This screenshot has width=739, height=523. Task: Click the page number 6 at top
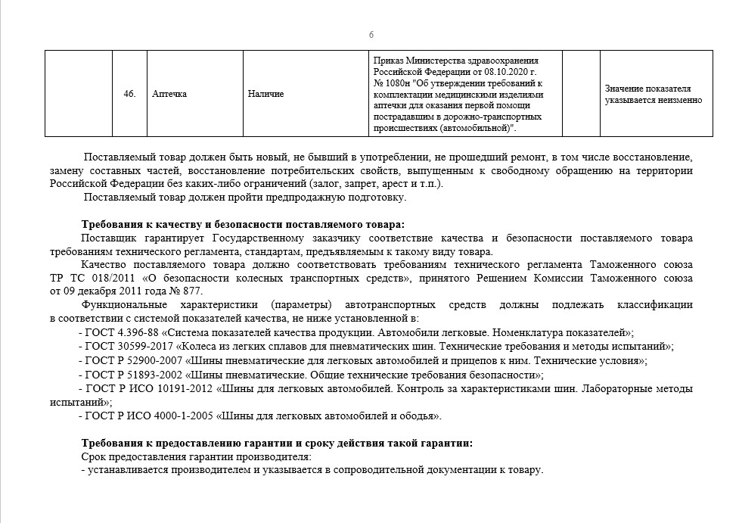tap(371, 35)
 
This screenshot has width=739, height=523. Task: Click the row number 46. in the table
tap(129, 94)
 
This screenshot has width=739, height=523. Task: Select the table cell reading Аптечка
tap(169, 94)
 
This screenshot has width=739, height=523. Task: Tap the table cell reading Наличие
tap(265, 94)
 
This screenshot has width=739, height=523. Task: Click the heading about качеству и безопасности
tap(243, 224)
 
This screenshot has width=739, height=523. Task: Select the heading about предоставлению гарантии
tap(278, 443)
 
